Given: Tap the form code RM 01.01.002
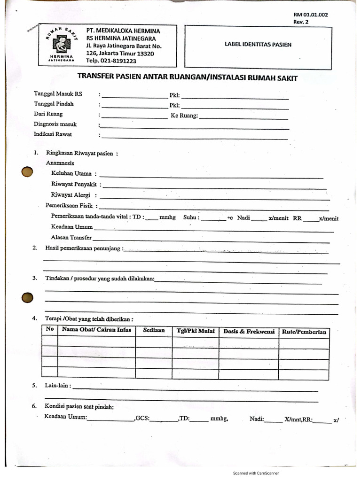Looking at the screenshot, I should click(x=310, y=15).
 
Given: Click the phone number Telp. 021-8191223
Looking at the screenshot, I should click(x=111, y=61).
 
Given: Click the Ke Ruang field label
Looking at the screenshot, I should click(x=184, y=116).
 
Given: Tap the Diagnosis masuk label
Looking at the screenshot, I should click(x=55, y=124).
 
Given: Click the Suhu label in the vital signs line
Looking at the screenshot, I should click(x=191, y=217).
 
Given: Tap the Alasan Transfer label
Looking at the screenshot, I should click(x=71, y=238).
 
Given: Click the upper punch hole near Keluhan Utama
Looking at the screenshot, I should click(x=28, y=173).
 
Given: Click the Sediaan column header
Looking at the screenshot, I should click(x=154, y=331).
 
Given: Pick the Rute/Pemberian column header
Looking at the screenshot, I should click(x=304, y=332).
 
